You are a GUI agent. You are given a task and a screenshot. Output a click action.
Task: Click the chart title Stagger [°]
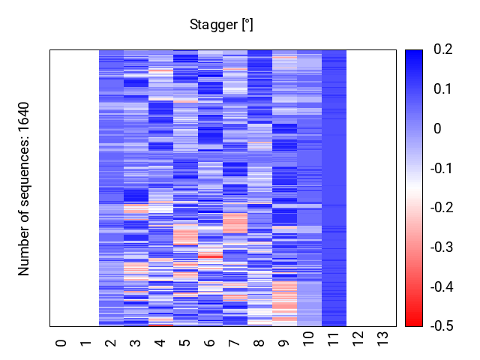(x=221, y=25)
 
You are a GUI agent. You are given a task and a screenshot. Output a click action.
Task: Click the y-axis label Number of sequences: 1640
(x=25, y=188)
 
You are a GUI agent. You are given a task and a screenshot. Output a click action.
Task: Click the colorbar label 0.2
(x=443, y=50)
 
